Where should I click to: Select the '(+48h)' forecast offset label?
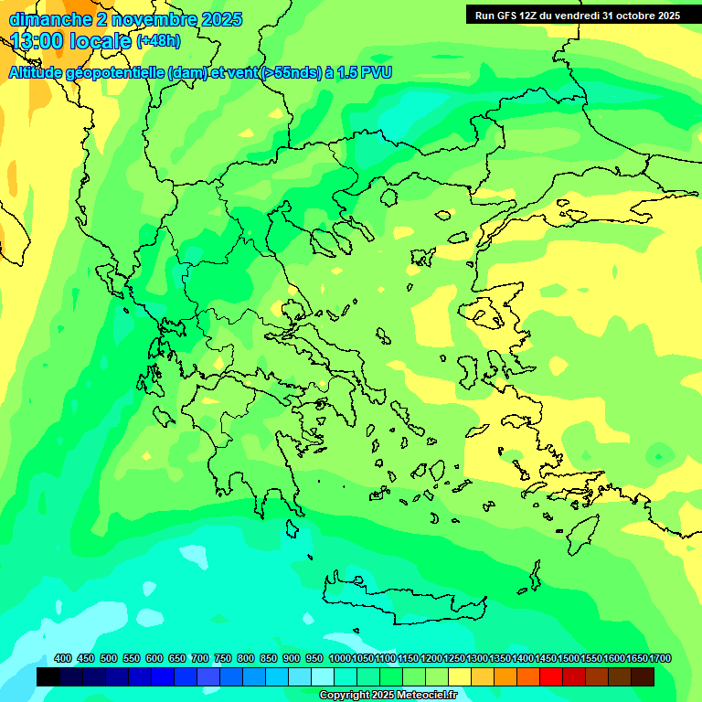point(158,41)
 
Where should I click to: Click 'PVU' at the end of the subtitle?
point(376,72)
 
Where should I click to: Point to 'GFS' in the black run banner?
point(510,16)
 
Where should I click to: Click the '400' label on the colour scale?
point(63,658)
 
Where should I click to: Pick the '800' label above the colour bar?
point(245,658)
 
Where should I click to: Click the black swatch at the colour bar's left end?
point(48,676)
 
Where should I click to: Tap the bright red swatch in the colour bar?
point(550,676)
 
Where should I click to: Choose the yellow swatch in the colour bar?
point(459,676)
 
